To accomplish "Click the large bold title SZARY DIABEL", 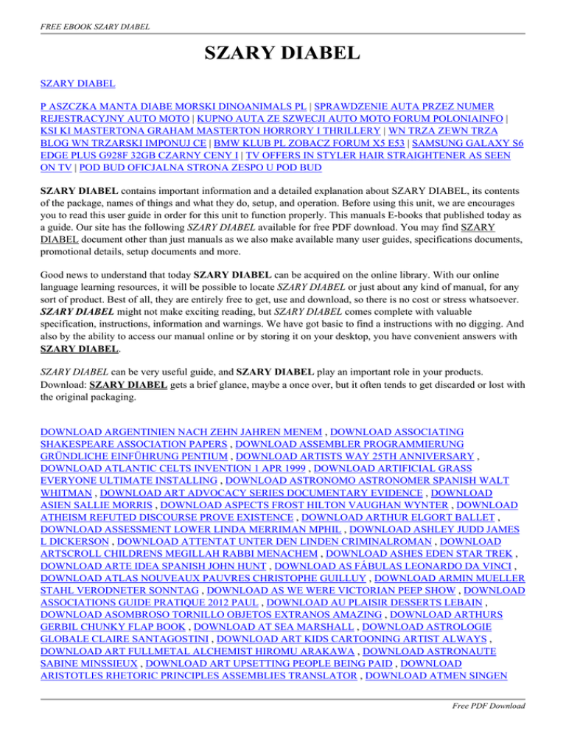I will (x=282, y=53).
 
